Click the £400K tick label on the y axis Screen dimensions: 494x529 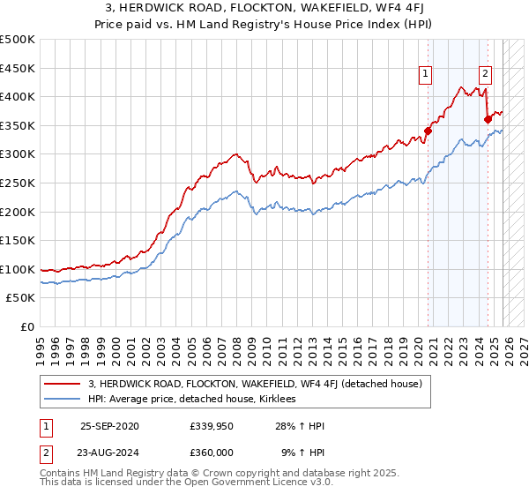coord(18,97)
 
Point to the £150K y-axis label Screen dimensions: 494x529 coord(18,240)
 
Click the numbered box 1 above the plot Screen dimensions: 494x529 coord(426,75)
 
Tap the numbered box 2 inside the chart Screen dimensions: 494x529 coord(486,75)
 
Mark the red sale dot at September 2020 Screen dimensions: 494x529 coord(428,131)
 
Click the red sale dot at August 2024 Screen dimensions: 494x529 coord(488,119)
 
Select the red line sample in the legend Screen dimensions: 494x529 coord(63,384)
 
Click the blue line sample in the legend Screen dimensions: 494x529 coord(63,399)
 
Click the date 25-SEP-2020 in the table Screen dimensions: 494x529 coord(109,426)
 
